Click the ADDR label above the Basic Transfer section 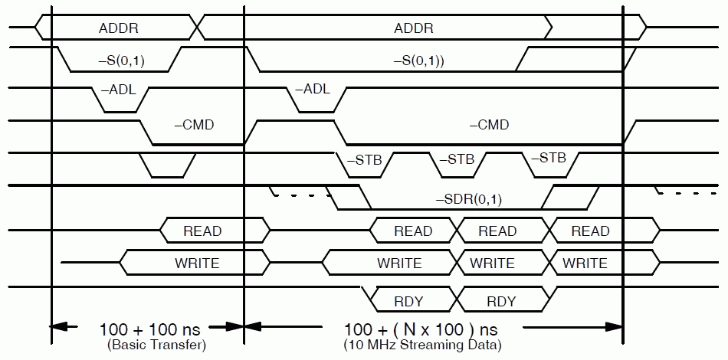coord(119,29)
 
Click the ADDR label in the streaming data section coord(414,29)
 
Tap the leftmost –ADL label coord(118,89)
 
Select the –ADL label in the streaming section coord(312,89)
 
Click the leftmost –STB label coord(364,161)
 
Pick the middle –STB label coord(457,160)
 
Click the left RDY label coord(408,300)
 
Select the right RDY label coord(501,300)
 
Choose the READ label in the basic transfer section coord(202,231)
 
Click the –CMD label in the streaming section coord(489,125)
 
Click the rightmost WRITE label coord(585,263)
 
